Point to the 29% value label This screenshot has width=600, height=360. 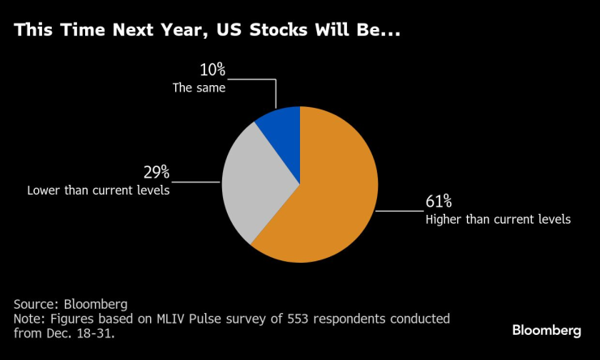pos(156,172)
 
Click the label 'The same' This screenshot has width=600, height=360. pos(199,88)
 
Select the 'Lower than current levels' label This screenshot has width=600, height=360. pos(98,191)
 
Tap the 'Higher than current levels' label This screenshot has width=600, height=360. pos(498,219)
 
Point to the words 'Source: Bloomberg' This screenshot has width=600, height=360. pos(71,303)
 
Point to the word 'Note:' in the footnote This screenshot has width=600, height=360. pos(30,319)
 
